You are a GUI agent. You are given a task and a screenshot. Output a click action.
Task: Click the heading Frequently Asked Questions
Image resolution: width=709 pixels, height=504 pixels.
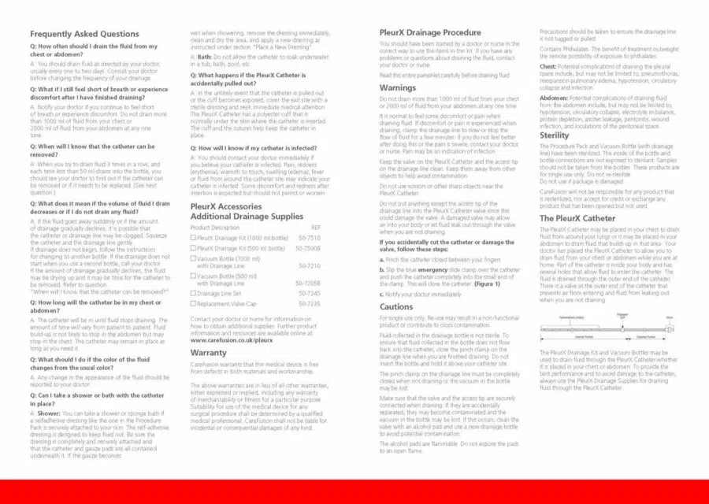point(84,34)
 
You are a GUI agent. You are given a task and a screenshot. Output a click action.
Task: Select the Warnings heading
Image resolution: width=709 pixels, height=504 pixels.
point(398,87)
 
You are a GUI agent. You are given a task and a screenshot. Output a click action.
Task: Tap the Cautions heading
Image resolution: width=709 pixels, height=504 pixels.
point(396,306)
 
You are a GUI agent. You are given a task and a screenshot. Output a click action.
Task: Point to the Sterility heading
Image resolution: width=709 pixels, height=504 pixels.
point(554,135)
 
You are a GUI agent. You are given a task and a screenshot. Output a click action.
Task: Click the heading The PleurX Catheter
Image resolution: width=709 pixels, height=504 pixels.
point(577,218)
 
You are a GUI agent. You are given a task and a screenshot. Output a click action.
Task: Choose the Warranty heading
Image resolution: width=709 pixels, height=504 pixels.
point(209,353)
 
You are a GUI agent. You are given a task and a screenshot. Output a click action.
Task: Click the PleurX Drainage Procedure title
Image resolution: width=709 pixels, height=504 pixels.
point(430,32)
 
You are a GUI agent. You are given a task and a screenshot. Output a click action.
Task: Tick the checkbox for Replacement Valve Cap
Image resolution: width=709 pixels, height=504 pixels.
point(194,302)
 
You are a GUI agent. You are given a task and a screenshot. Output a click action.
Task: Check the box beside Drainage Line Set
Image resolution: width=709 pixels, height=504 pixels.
point(194,292)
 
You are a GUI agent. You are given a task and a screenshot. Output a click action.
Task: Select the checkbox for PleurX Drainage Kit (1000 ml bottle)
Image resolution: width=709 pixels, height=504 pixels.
point(194,237)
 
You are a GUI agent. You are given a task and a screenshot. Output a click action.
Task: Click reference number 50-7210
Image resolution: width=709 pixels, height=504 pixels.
point(310,265)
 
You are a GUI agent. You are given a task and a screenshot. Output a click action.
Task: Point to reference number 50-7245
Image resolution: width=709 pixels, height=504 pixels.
point(310,292)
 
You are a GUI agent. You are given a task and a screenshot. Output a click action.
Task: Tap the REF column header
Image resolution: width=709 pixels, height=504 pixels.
point(316,227)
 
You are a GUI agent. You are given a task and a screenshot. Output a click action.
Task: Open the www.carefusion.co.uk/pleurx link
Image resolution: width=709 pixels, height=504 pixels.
point(232,341)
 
